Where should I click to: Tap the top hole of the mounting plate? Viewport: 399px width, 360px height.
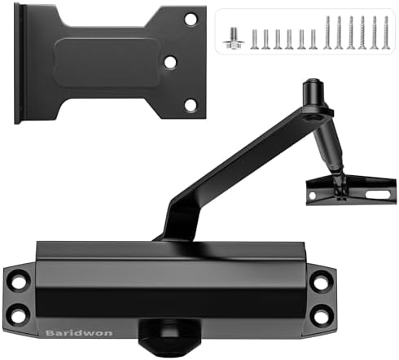tap(190, 18)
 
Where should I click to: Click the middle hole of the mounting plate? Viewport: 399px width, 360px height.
tap(169, 61)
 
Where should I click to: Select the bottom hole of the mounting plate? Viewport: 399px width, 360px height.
tap(190, 104)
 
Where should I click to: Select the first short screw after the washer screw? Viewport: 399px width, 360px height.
tap(254, 37)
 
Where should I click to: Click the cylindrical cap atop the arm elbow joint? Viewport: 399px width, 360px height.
tap(312, 90)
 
